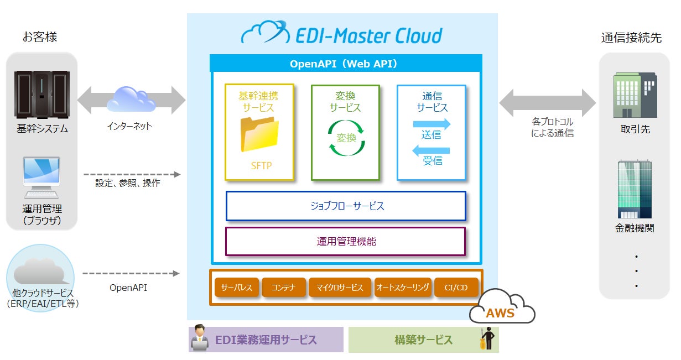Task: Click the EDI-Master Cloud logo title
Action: point(342,34)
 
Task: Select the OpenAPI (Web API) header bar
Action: point(345,64)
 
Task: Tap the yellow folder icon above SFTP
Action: point(259,134)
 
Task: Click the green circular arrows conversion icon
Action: point(346,138)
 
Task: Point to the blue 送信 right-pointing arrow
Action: point(432,124)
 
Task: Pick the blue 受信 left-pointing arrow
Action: point(432,150)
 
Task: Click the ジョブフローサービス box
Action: point(346,206)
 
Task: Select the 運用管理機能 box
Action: point(345,241)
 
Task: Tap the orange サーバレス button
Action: point(237,288)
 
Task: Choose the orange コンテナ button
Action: point(283,288)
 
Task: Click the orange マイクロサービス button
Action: point(340,288)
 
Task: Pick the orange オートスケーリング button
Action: point(403,288)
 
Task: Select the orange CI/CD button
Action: point(456,288)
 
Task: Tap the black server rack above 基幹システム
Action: point(42,95)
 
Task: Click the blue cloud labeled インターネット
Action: point(131,99)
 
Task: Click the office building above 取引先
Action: point(635,95)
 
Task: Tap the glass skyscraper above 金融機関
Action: point(634,189)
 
